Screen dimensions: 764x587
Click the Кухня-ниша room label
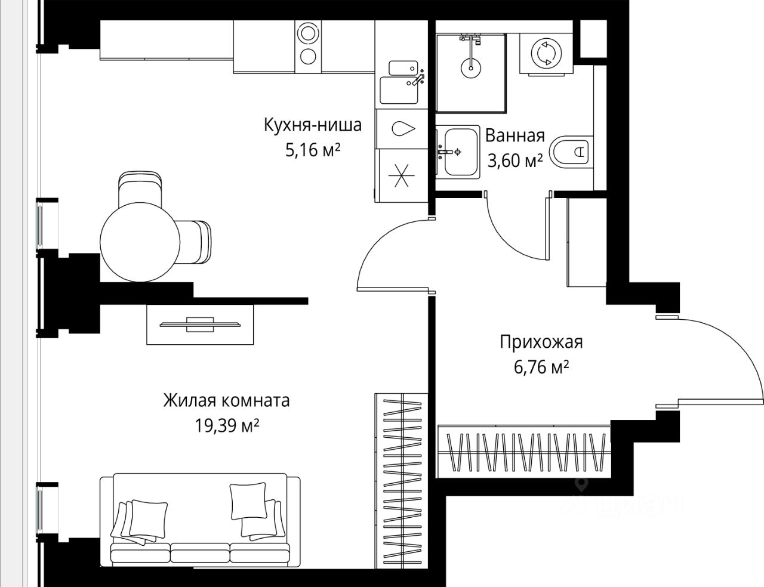(313, 125)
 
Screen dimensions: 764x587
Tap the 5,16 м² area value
(313, 151)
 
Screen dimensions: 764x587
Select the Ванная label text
(515, 136)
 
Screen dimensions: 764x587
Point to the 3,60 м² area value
(515, 161)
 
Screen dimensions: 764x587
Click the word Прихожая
(541, 342)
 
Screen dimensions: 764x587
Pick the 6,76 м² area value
(541, 367)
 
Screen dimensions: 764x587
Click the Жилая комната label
(226, 400)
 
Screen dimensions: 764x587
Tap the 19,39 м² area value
(227, 426)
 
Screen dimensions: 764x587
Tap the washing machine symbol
(546, 54)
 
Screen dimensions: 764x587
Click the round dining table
(140, 242)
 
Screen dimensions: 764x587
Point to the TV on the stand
(200, 325)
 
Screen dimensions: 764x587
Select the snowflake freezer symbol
(402, 175)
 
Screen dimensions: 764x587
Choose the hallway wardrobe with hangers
(524, 452)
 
